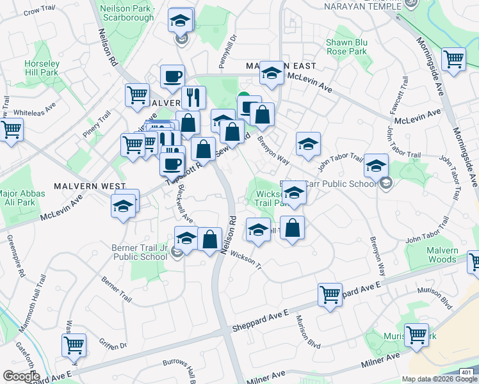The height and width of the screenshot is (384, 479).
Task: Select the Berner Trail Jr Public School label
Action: click(140, 252)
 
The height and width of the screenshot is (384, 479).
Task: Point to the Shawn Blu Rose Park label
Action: click(346, 46)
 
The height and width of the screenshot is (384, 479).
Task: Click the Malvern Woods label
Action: click(442, 255)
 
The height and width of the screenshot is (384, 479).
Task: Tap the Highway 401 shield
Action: click(468, 372)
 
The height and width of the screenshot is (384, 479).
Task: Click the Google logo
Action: click(20, 376)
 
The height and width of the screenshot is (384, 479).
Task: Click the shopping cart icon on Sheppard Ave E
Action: click(330, 295)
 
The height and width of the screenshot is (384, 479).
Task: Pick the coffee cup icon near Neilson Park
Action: click(172, 77)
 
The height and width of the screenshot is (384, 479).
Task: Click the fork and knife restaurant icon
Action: click(193, 97)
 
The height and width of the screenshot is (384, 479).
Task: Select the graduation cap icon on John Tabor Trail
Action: click(376, 166)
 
